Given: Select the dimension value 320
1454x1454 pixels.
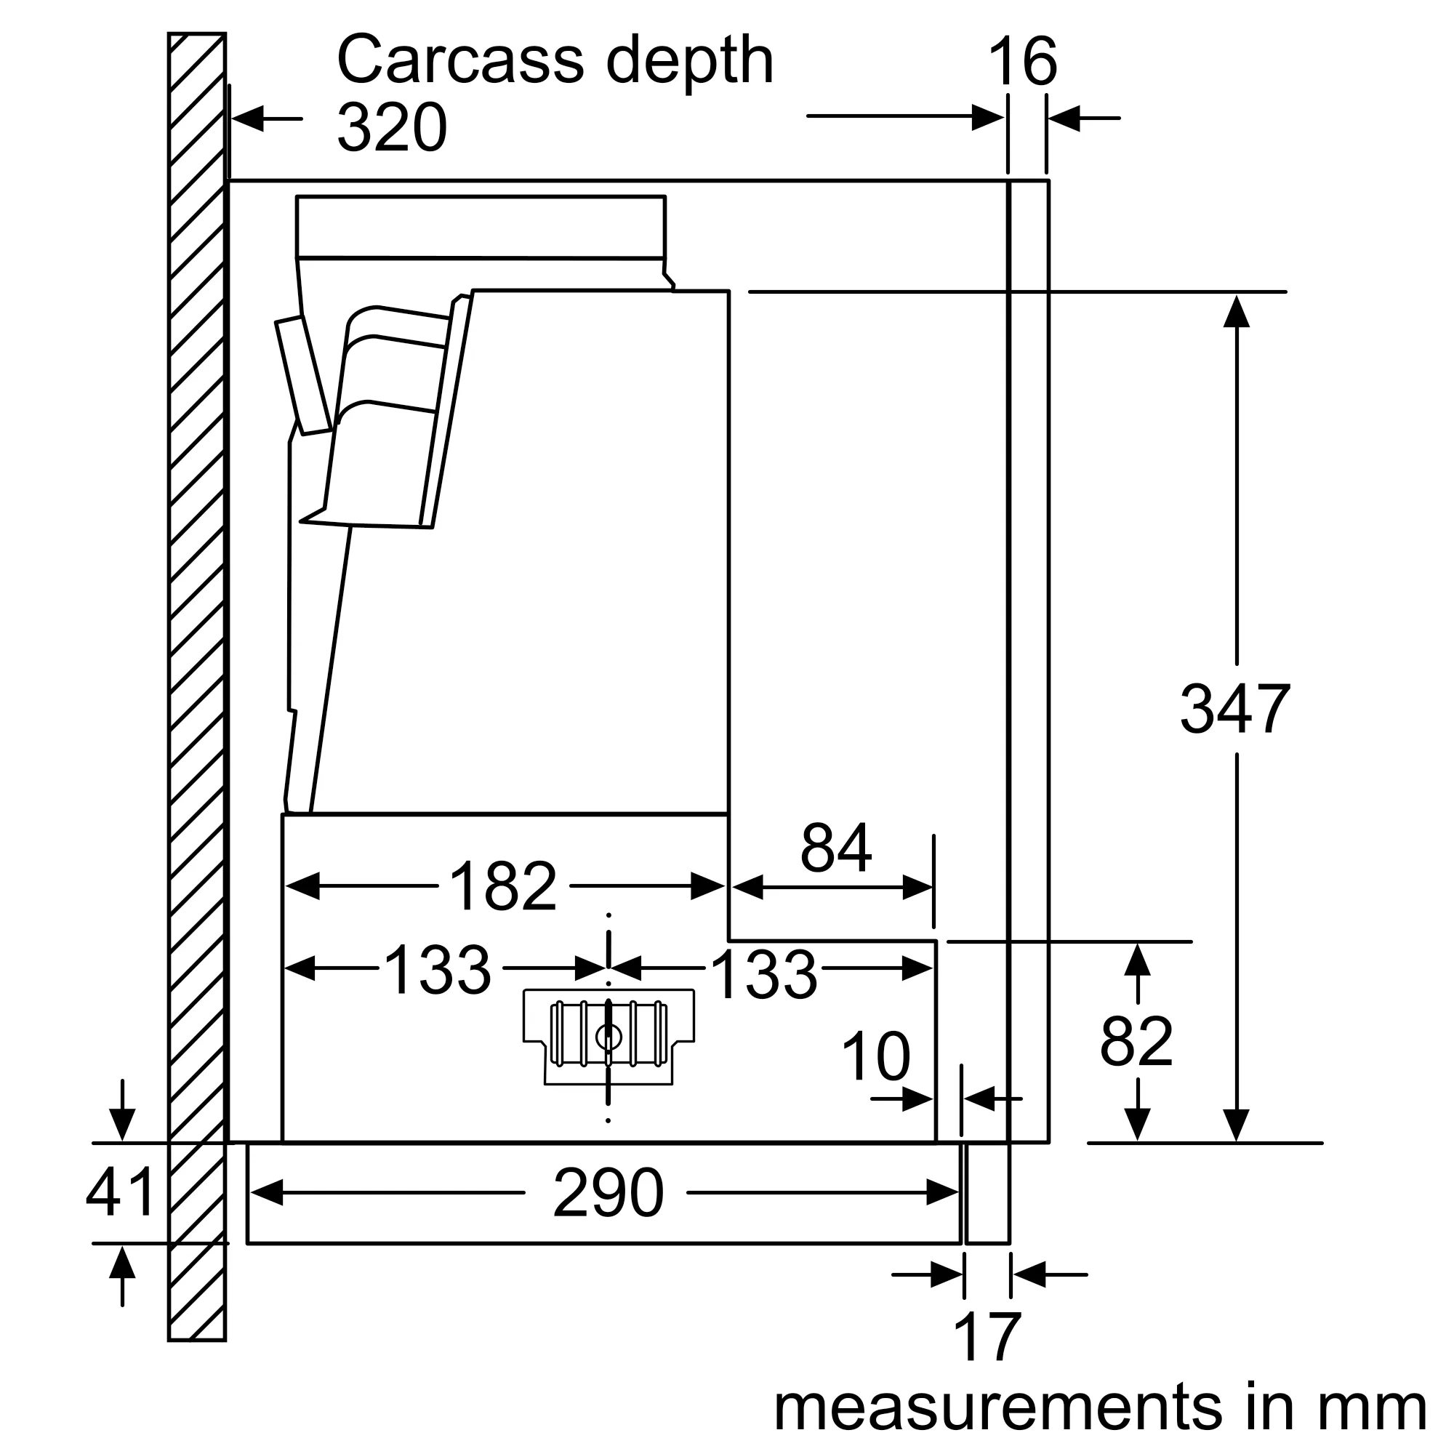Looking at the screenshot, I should tap(391, 128).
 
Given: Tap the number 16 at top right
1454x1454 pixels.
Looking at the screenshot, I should tap(1022, 62).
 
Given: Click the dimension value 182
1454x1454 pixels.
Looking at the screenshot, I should tap(503, 886).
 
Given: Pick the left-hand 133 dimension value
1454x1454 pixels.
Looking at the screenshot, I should tap(437, 970).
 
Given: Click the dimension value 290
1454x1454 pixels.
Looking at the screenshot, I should tap(608, 1193).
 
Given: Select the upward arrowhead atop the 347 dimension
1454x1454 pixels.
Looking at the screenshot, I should tap(1236, 312).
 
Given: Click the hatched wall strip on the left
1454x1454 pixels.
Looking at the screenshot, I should tap(196, 678).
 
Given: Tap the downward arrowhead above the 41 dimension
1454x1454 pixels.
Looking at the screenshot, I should tap(122, 1125).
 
